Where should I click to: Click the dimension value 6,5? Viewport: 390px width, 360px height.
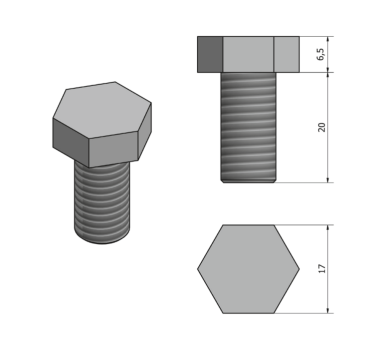click(x=321, y=54)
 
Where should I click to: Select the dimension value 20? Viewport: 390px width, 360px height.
click(x=321, y=127)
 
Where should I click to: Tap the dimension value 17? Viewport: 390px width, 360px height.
click(x=322, y=269)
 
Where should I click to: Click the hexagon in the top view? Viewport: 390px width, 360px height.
click(x=248, y=269)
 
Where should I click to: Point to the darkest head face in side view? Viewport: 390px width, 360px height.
click(x=210, y=54)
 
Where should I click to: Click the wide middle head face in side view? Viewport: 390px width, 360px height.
click(x=248, y=54)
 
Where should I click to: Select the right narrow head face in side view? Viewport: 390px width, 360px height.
click(x=287, y=54)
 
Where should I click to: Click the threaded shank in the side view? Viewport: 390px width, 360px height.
click(x=248, y=127)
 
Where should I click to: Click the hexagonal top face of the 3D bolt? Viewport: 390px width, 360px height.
click(x=102, y=110)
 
